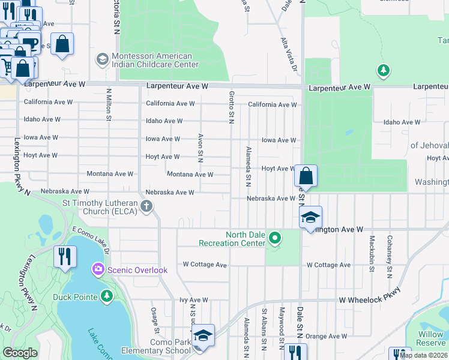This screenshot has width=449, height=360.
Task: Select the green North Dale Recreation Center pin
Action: tap(275, 239)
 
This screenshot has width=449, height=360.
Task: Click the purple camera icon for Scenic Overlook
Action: tap(98, 270)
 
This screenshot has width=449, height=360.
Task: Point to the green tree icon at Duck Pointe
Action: tap(107, 295)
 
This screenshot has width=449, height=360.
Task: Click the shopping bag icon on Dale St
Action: tap(306, 176)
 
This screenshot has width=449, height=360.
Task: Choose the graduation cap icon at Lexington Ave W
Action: tap(310, 217)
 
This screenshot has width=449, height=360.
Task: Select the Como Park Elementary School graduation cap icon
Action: tap(203, 335)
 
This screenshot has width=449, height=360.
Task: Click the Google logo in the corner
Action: tap(20, 353)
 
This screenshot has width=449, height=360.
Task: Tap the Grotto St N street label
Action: tap(231, 104)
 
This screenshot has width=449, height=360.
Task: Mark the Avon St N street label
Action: tap(200, 148)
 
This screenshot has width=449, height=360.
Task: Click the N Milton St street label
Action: tap(109, 105)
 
